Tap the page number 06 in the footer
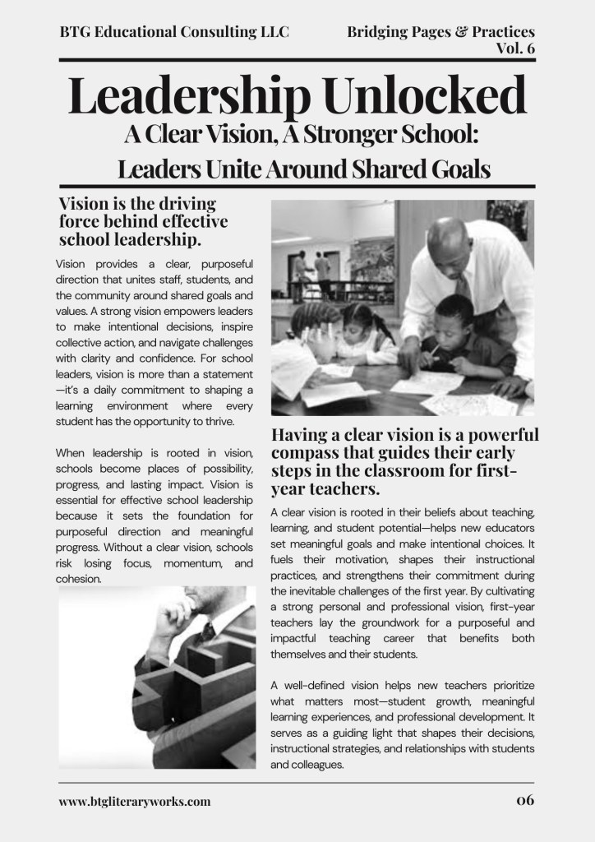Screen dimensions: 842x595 click(525, 800)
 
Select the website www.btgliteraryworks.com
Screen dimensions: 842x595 click(135, 801)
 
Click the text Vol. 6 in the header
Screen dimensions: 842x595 click(515, 48)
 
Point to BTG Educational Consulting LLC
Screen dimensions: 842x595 click(174, 32)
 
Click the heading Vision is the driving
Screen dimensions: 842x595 click(137, 204)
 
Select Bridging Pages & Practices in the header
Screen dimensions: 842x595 click(440, 32)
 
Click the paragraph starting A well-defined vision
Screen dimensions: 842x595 click(402, 724)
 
